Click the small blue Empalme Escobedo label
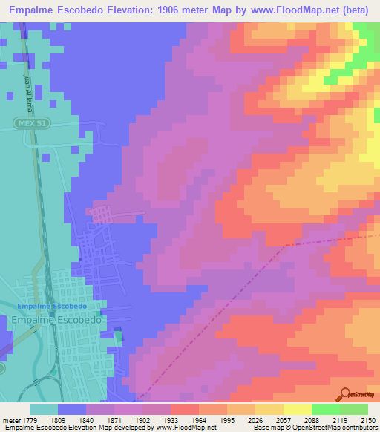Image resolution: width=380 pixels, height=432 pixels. coord(52,306)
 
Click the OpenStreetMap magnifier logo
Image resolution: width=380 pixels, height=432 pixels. coord(347,394)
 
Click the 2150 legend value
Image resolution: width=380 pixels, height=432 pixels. coord(368,420)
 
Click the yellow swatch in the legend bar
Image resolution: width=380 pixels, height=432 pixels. coord(297,409)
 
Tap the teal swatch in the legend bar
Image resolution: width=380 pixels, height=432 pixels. coord(44,409)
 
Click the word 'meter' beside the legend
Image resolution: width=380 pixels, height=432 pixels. coord(11,420)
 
